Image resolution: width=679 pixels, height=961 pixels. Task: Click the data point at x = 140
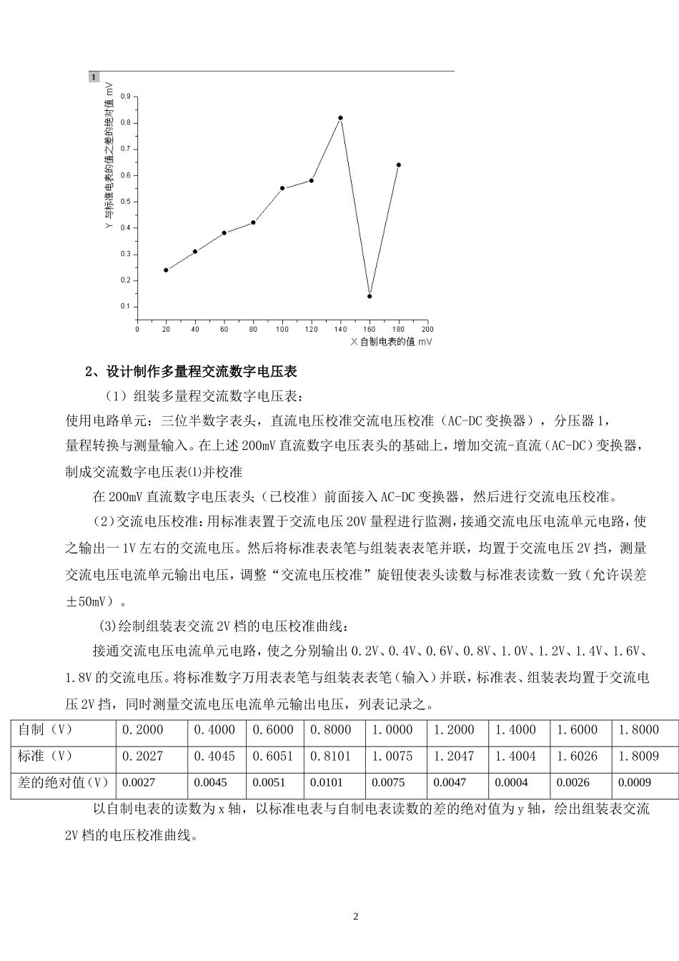point(340,118)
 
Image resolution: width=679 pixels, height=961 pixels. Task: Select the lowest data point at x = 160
point(370,296)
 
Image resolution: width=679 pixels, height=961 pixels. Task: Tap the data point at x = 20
point(166,270)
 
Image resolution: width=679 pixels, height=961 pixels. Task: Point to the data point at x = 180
point(399,165)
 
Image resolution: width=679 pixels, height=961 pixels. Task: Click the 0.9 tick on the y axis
point(126,96)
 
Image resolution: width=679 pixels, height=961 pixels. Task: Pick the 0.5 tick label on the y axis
point(126,201)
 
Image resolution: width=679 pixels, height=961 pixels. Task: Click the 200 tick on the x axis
point(427,330)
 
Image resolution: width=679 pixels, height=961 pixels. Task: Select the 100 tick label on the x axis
point(282,330)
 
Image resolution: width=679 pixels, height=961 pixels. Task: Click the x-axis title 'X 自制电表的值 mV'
point(392,342)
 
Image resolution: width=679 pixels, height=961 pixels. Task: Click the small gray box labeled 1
point(94,77)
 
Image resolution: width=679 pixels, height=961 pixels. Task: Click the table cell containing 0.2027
point(143,756)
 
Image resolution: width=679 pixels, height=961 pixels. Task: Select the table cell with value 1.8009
point(639,756)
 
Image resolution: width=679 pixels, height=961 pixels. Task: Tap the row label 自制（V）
point(46,729)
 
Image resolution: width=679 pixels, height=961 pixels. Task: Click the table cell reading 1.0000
point(392,729)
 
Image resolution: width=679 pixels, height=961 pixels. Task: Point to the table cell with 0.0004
point(511,782)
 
